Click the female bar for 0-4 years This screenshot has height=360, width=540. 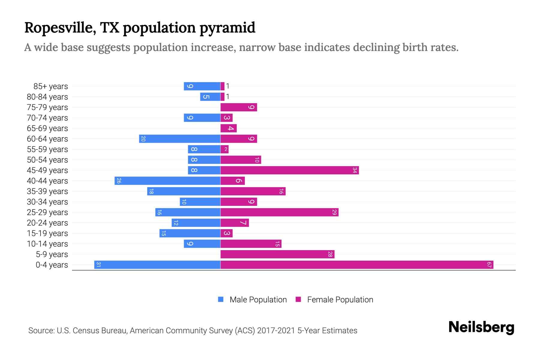click(x=357, y=265)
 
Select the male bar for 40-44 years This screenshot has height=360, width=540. click(x=167, y=181)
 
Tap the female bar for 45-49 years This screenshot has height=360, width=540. click(x=289, y=170)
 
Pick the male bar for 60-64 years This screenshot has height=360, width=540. click(x=180, y=139)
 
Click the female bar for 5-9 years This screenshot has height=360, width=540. click(x=277, y=254)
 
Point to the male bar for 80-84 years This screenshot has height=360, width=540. click(x=210, y=97)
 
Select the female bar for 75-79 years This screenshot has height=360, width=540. click(x=239, y=107)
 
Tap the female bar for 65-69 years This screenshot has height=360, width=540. click(x=229, y=128)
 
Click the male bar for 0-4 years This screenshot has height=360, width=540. click(x=157, y=265)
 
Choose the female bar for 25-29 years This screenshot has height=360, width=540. click(x=279, y=212)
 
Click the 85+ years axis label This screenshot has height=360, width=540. click(x=50, y=86)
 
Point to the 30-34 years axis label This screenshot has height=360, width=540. click(x=47, y=202)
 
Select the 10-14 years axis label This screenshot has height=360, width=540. click(x=47, y=244)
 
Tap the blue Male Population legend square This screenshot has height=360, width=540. click(x=221, y=299)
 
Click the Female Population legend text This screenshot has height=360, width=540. click(x=340, y=300)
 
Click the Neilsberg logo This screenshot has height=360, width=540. click(x=481, y=327)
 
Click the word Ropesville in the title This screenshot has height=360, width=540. click(x=60, y=28)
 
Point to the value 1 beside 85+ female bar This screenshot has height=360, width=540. click(x=228, y=86)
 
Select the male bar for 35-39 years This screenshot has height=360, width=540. click(x=184, y=191)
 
